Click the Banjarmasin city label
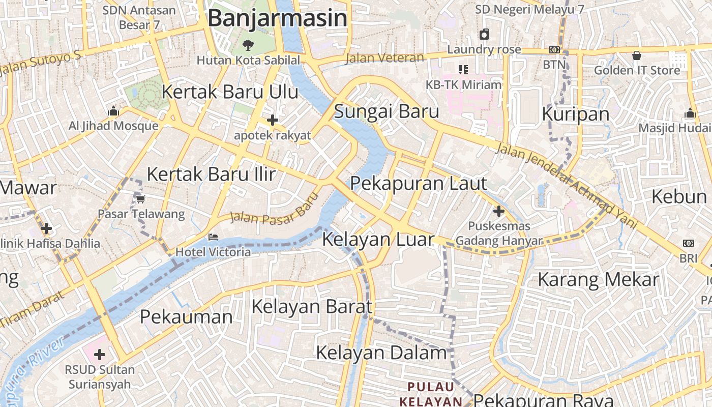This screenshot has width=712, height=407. point(278,18)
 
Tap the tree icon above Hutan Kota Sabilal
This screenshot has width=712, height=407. point(248,45)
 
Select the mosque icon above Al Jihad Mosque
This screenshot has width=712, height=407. point(113,110)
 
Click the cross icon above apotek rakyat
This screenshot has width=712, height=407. point(273,120)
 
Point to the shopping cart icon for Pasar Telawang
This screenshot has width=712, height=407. point(140,199)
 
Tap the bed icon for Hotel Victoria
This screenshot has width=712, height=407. point(213,237)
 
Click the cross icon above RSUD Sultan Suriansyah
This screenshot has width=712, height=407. point(100,354)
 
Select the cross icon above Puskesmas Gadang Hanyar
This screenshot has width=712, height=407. point(499,211)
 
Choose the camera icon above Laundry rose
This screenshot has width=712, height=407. point(484,34)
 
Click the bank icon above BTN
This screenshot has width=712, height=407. point(554,50)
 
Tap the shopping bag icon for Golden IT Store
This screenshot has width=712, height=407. point(636,55)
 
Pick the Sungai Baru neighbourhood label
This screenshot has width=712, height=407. point(387,111)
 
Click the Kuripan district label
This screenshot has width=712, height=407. point(576,114)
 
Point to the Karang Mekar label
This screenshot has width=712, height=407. point(598,280)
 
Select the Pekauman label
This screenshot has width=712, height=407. point(186,317)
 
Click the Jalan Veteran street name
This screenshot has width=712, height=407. point(385,58)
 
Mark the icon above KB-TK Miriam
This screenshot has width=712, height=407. point(463,69)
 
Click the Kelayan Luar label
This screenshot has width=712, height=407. point(378,240)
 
